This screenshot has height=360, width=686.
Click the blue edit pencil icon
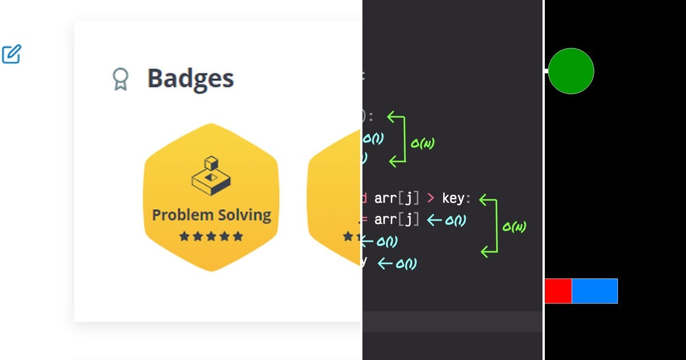11,54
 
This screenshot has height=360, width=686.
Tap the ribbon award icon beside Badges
120,79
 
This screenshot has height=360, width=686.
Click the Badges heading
190,78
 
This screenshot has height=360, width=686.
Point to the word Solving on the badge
242,215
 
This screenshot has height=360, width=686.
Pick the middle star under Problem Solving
211,236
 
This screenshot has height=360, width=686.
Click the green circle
571,71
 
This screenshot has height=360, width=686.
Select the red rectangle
558,291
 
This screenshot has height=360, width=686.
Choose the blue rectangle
595,291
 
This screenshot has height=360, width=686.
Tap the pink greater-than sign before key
430,199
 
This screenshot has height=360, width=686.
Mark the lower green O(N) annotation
514,227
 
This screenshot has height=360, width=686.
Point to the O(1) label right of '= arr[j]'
455,220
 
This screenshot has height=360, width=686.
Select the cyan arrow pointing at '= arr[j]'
434,220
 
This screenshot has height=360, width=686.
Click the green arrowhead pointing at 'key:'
485,199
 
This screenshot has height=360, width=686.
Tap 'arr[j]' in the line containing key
397,199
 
